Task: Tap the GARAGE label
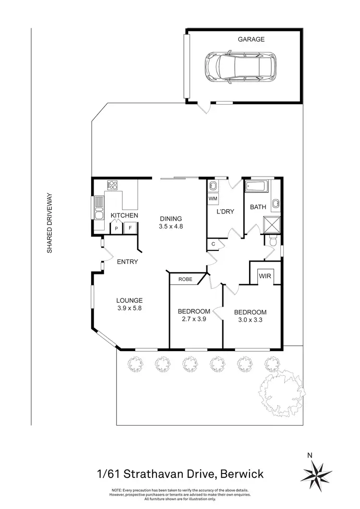coord(251,39)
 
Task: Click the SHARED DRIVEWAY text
coord(49,223)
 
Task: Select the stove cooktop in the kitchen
coord(114,185)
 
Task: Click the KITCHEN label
coord(124,215)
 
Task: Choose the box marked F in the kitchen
coord(130,229)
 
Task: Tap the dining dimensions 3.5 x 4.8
coord(172,227)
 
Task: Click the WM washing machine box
coord(213,198)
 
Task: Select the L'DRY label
coord(225,211)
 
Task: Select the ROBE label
coord(185,279)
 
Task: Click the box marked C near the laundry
coord(213,244)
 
